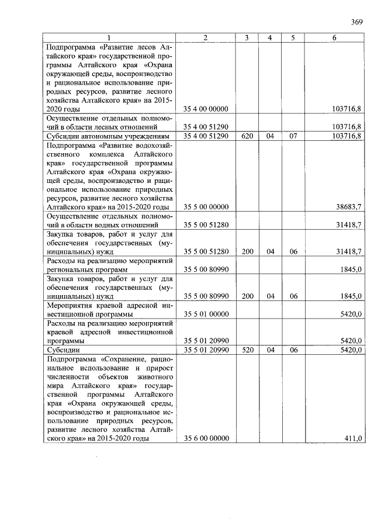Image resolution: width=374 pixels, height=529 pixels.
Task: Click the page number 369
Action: click(357, 22)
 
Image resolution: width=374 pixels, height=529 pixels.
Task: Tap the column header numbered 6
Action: click(334, 38)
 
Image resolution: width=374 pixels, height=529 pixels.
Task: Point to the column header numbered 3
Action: click(247, 38)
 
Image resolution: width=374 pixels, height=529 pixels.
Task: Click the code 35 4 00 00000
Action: click(205, 109)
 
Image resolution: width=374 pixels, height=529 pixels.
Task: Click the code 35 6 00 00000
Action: click(205, 438)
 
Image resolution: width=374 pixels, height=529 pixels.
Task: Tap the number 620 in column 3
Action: click(247, 136)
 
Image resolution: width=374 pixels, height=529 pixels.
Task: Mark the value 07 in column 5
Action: click(293, 136)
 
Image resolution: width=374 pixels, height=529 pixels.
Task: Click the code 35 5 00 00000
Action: click(205, 207)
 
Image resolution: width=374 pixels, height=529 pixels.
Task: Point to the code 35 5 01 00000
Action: click(205, 314)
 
